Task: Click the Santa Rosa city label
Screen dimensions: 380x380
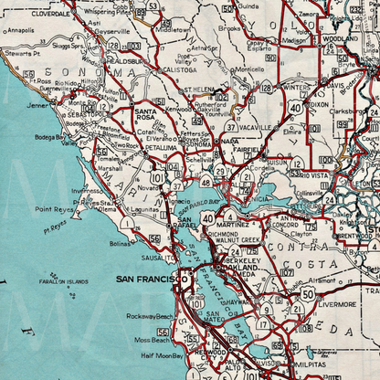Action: pos(144,113)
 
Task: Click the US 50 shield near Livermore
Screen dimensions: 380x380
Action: pos(308,293)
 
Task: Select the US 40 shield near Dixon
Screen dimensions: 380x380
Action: pos(295,107)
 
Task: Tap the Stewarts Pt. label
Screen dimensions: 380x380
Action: pos(20,54)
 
